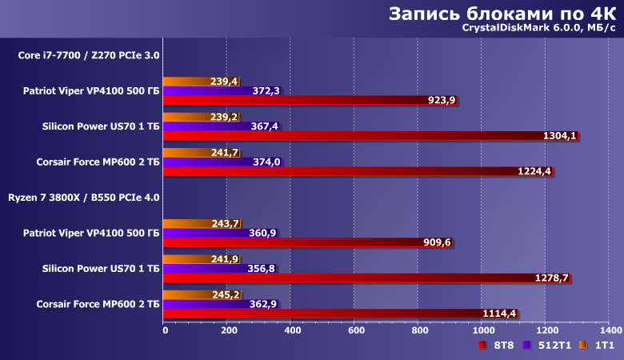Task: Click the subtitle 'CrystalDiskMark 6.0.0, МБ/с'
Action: [538, 30]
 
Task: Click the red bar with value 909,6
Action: [296, 242]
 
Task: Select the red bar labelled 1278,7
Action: [352, 278]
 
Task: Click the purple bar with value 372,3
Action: [208, 91]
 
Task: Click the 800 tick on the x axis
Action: [418, 330]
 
